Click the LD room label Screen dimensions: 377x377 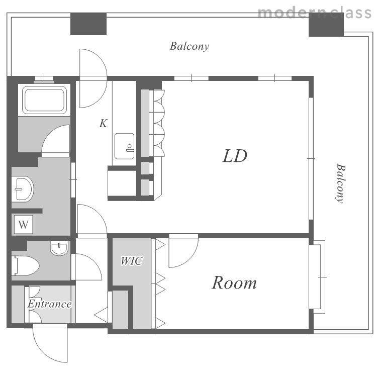[235, 156]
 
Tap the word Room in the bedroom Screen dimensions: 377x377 [234, 282]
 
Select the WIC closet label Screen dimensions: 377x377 [132, 261]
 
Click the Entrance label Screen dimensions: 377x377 [50, 304]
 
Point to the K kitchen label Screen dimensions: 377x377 [103, 123]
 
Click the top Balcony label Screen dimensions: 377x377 [190, 46]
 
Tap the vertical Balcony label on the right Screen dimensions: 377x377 [340, 183]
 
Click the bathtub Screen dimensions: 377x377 [44, 100]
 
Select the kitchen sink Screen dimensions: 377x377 [124, 146]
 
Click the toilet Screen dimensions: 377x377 [25, 265]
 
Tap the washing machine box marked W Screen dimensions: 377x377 [23, 225]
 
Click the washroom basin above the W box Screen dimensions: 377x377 [23, 189]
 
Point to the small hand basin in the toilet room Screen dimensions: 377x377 [59, 248]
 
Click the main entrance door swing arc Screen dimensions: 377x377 [43, 351]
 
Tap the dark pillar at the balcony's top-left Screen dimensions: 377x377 [88, 24]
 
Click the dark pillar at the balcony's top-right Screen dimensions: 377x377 [326, 25]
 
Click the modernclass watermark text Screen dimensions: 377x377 [315, 13]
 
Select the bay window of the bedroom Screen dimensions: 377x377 [317, 277]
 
